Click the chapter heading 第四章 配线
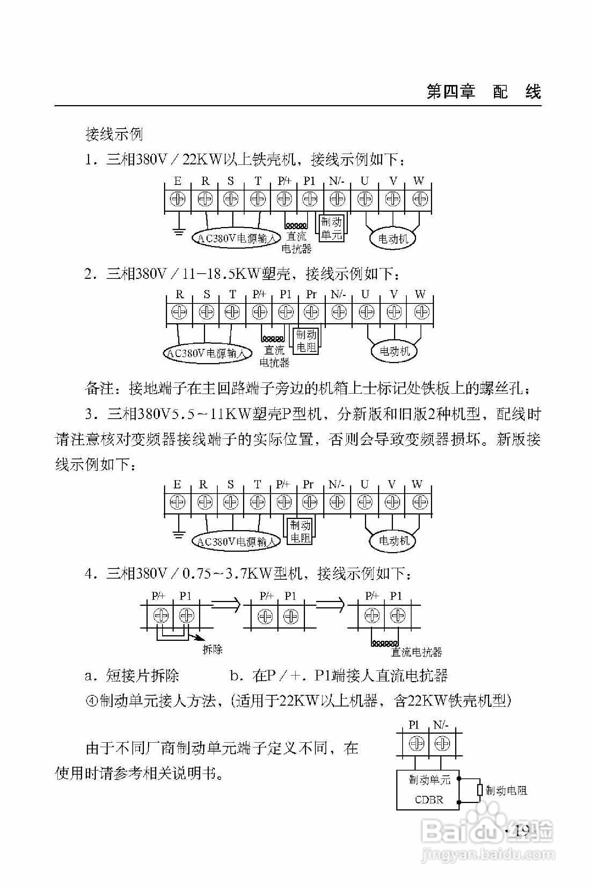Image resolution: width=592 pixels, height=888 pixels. point(484,92)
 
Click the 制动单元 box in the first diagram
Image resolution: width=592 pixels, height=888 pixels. point(331,229)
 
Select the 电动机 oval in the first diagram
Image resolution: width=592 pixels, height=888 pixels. point(393,239)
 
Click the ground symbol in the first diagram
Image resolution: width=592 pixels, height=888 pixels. point(178,231)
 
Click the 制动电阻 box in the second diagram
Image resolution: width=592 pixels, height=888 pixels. point(306,341)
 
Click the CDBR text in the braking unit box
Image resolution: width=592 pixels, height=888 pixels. point(429,800)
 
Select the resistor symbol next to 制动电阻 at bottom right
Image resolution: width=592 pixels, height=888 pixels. point(480,790)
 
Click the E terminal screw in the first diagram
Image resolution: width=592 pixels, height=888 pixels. point(178,199)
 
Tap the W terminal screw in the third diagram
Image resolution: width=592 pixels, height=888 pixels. point(418,502)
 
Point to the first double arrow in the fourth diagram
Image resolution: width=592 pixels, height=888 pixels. point(225,605)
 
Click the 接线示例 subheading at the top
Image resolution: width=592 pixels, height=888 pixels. point(114,134)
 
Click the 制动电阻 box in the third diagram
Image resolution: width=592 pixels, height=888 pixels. point(300,531)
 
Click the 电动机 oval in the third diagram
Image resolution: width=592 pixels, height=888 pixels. point(394,541)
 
